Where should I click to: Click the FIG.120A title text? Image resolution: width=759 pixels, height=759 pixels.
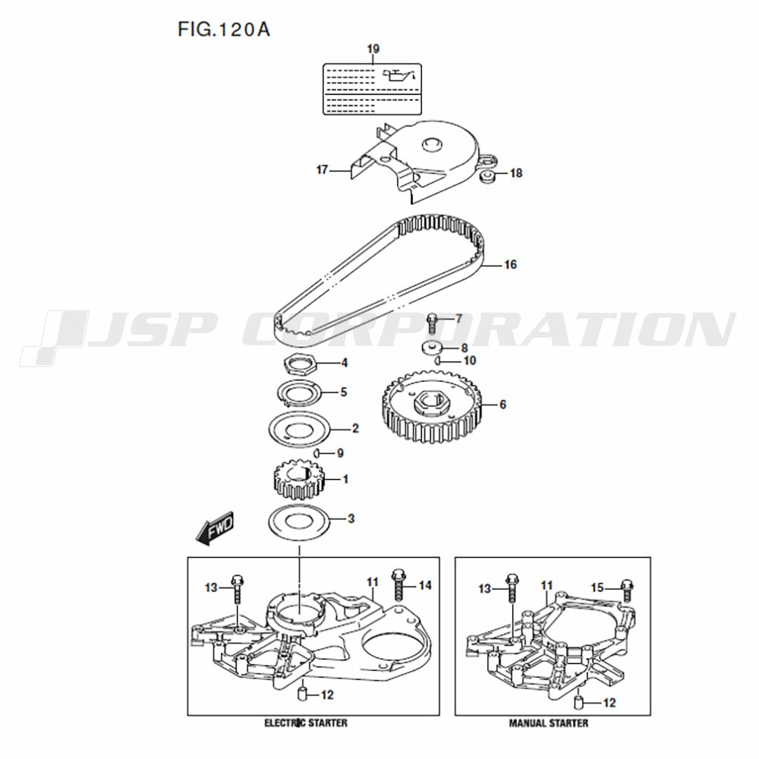click(224, 30)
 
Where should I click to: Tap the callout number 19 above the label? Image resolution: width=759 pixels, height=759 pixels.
click(373, 49)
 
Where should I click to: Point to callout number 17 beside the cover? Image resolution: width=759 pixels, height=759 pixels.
click(322, 170)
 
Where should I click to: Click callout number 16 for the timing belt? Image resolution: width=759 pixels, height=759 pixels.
click(510, 264)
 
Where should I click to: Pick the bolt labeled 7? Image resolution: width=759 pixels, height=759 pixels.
click(433, 323)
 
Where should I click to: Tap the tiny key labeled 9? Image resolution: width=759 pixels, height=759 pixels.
click(316, 453)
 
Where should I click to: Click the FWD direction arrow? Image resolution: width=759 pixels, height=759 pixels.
click(215, 528)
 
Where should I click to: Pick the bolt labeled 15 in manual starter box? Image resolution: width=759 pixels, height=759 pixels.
click(627, 590)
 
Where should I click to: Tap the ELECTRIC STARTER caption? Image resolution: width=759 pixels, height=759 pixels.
click(305, 723)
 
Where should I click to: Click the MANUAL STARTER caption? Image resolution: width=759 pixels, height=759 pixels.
click(549, 723)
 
